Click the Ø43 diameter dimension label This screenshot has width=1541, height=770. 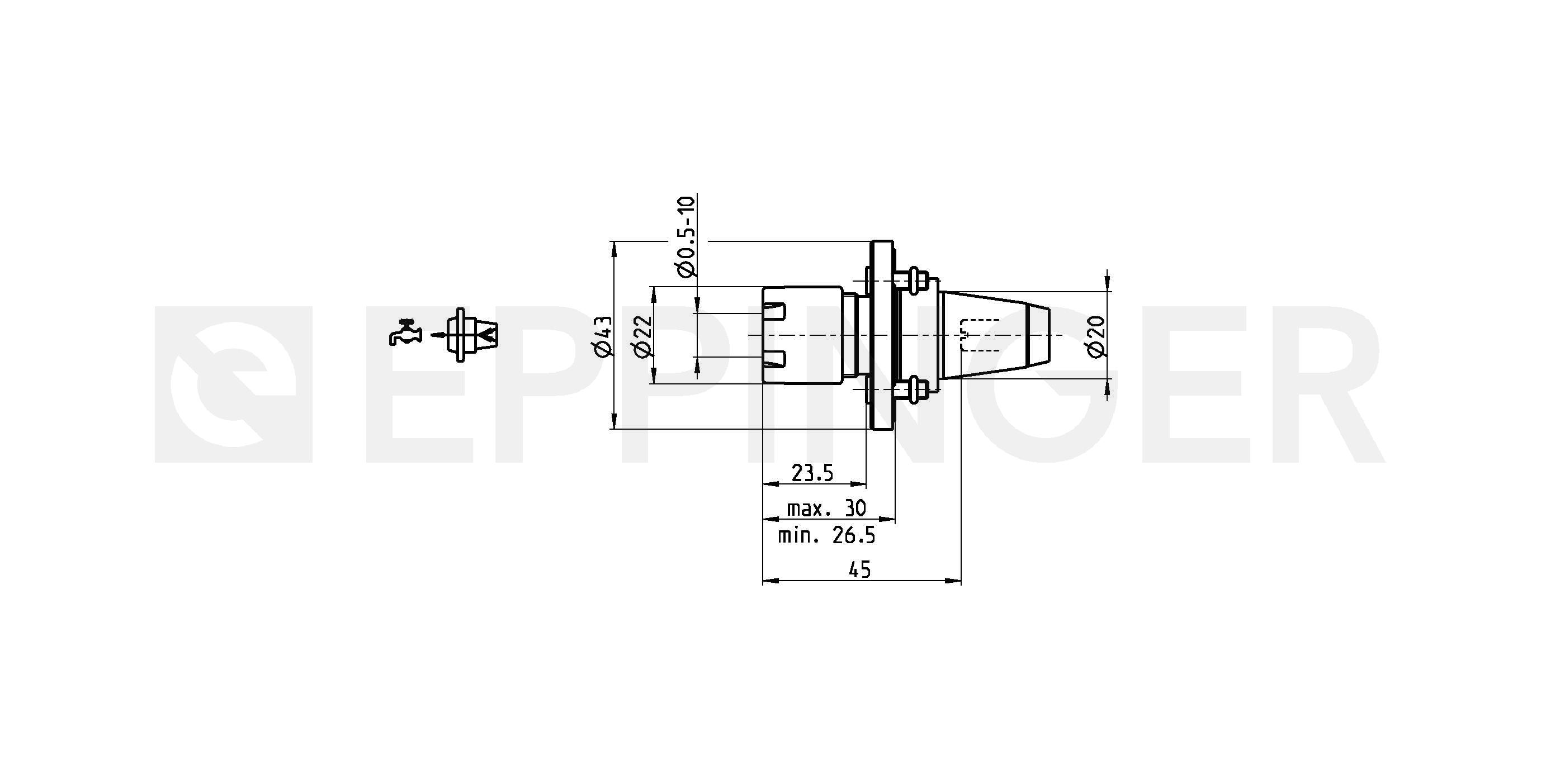(x=604, y=336)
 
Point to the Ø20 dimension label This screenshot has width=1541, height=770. (x=1097, y=336)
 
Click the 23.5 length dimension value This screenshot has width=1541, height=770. (x=812, y=473)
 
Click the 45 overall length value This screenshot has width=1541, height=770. (x=860, y=571)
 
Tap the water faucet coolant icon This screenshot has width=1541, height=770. (x=404, y=332)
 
